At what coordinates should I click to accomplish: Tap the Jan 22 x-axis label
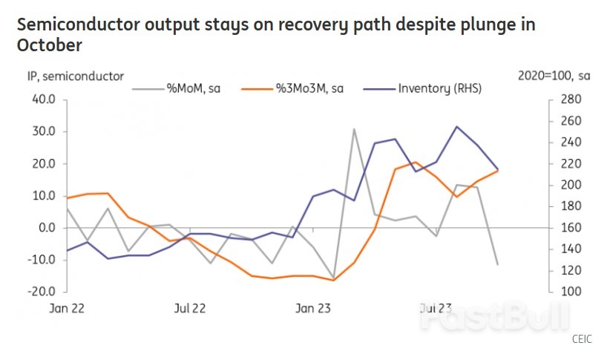[x=68, y=308]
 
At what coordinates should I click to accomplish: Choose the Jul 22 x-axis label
[x=189, y=308]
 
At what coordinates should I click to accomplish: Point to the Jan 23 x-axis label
[x=313, y=308]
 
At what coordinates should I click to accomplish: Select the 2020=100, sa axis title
[x=554, y=75]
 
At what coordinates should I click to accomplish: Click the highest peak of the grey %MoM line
[x=354, y=129]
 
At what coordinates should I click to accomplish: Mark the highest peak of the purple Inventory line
[x=456, y=127]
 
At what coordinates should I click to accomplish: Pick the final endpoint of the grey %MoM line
[x=497, y=264]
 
